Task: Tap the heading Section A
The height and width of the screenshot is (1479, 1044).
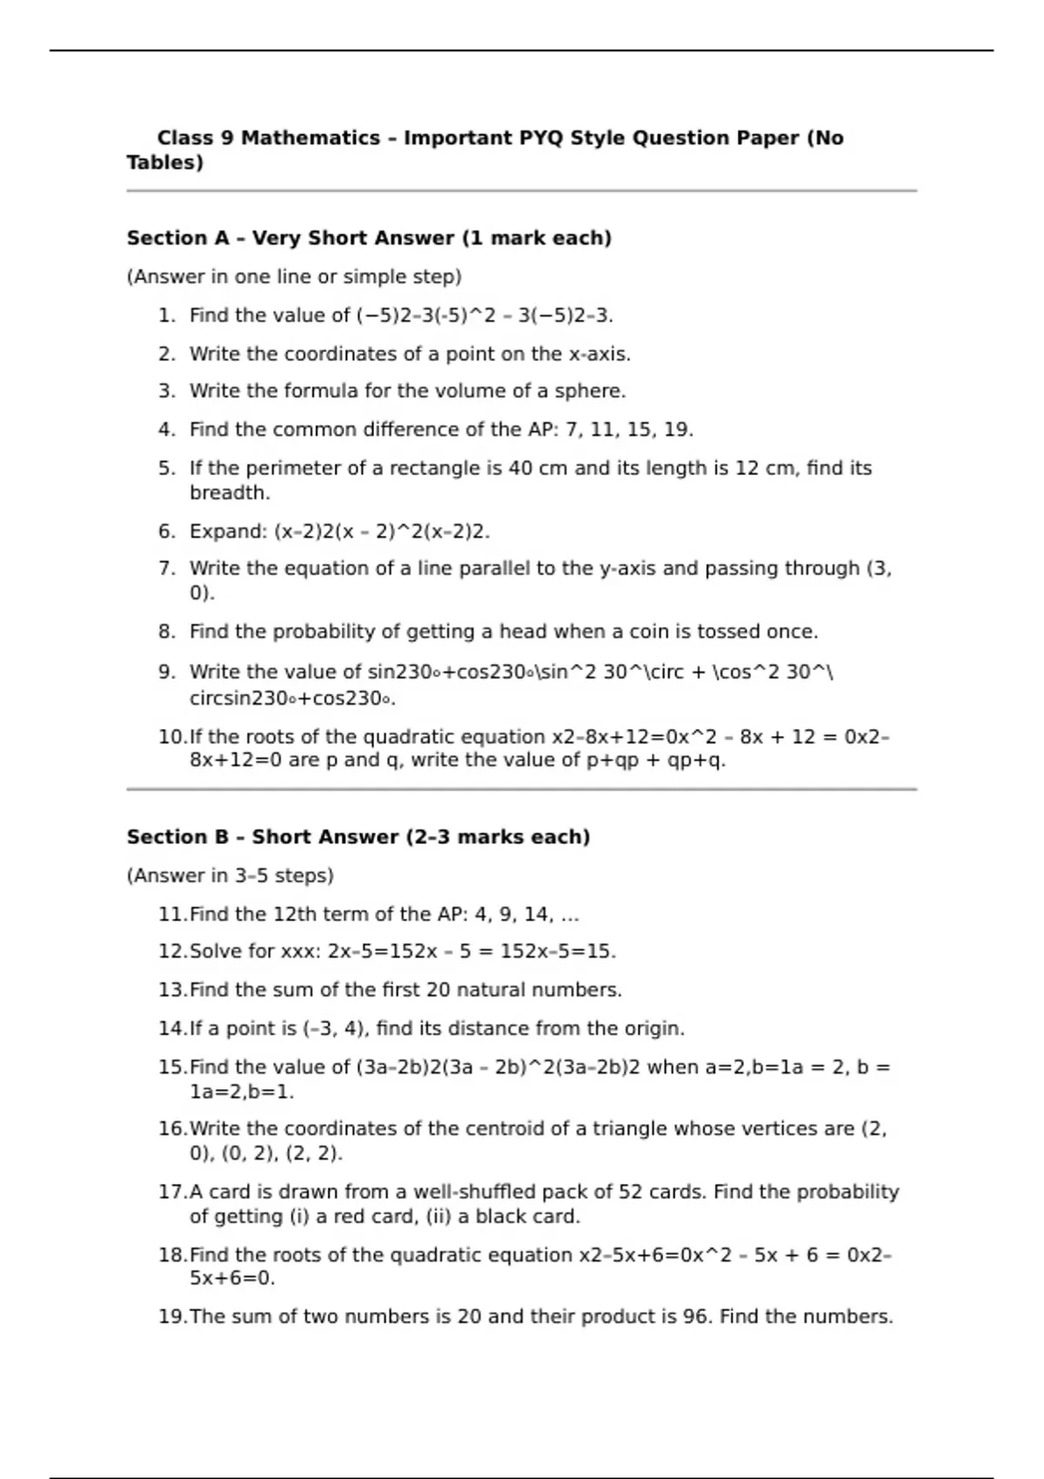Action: click(x=177, y=238)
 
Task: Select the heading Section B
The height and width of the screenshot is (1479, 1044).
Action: click(x=177, y=837)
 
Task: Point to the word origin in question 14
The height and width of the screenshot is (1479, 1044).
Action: click(x=652, y=1028)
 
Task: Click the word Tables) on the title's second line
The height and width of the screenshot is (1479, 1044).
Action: click(x=164, y=163)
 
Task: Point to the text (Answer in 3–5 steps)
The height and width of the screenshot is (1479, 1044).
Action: click(x=230, y=876)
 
